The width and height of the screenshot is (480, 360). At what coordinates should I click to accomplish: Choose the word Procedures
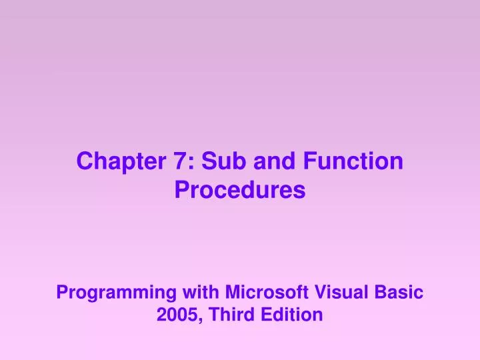240,191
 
